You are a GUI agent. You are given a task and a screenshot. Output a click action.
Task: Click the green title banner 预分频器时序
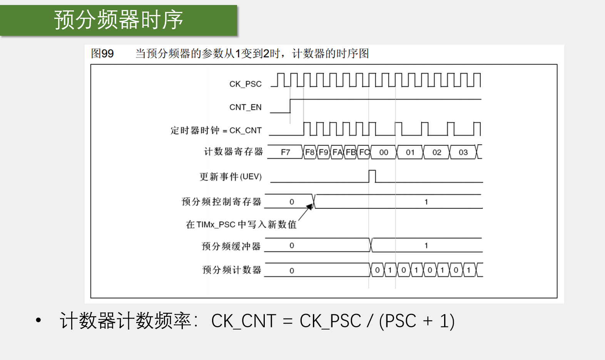[119, 20]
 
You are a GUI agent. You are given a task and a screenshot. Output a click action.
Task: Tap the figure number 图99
[102, 53]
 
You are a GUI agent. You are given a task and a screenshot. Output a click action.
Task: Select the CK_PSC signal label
[245, 84]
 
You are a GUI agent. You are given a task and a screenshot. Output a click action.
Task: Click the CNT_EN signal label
[245, 107]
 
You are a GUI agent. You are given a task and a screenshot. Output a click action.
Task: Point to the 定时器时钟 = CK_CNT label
[216, 130]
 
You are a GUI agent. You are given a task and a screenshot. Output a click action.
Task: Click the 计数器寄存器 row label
[233, 152]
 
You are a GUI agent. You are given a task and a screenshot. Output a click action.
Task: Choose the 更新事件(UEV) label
[231, 177]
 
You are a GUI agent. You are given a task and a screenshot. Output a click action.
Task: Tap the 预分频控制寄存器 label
[221, 202]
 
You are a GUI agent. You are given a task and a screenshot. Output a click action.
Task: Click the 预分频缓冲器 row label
[231, 246]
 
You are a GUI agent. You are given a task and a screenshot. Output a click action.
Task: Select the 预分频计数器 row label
[232, 270]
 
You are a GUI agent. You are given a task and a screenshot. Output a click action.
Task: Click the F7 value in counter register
[285, 152]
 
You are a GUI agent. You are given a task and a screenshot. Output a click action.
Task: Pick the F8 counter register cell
[310, 152]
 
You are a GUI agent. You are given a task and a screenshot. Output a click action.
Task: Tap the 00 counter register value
[383, 152]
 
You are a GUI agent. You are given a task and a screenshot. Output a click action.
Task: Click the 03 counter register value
[463, 152]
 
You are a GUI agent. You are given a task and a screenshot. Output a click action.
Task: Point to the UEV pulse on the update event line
[372, 176]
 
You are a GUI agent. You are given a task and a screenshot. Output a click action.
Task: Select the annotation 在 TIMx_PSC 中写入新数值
[241, 224]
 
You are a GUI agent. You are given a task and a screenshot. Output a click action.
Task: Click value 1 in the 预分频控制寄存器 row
[426, 202]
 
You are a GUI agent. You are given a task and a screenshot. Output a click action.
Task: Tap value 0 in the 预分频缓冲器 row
[292, 246]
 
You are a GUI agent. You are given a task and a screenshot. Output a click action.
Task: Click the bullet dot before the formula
[38, 320]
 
